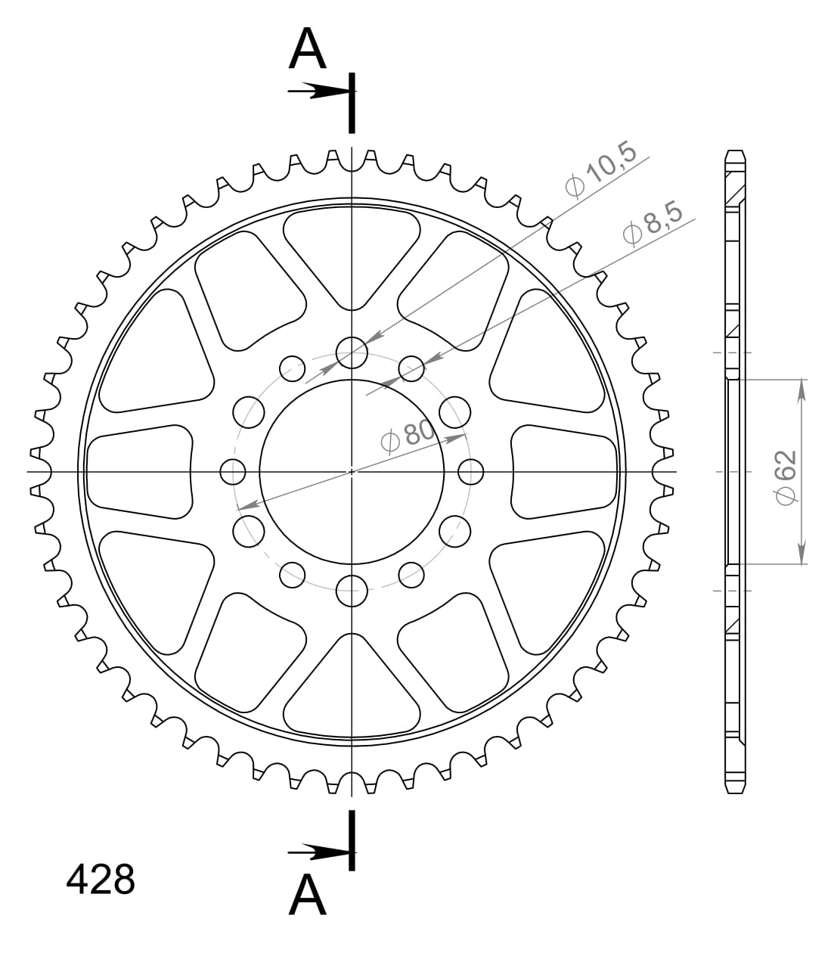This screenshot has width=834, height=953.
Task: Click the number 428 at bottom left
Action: pyautogui.click(x=101, y=880)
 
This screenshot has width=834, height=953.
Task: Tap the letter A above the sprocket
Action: pyautogui.click(x=308, y=51)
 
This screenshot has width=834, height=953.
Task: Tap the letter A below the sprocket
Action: pyautogui.click(x=308, y=896)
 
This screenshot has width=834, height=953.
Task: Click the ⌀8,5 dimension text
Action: pyautogui.click(x=652, y=224)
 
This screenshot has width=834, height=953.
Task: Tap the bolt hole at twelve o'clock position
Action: pyautogui.click(x=352, y=351)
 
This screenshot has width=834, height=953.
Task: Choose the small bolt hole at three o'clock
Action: pyautogui.click(x=470, y=472)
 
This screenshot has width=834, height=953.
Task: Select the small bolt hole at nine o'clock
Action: pyautogui.click(x=233, y=472)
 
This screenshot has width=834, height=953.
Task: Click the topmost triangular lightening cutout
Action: pyautogui.click(x=352, y=250)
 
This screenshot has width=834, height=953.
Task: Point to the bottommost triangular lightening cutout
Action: pyautogui.click(x=352, y=692)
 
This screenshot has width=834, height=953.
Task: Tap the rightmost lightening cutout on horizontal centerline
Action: pyautogui.click(x=563, y=471)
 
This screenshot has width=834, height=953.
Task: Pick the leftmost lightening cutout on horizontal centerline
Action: pyautogui.click(x=140, y=471)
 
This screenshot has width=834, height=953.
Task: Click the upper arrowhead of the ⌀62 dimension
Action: pyautogui.click(x=801, y=390)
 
